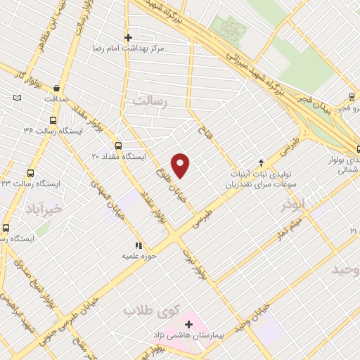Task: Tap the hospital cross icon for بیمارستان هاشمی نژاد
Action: [188, 324]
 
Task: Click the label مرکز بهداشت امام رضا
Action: [131, 50]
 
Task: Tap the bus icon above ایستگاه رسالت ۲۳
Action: [30, 172]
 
